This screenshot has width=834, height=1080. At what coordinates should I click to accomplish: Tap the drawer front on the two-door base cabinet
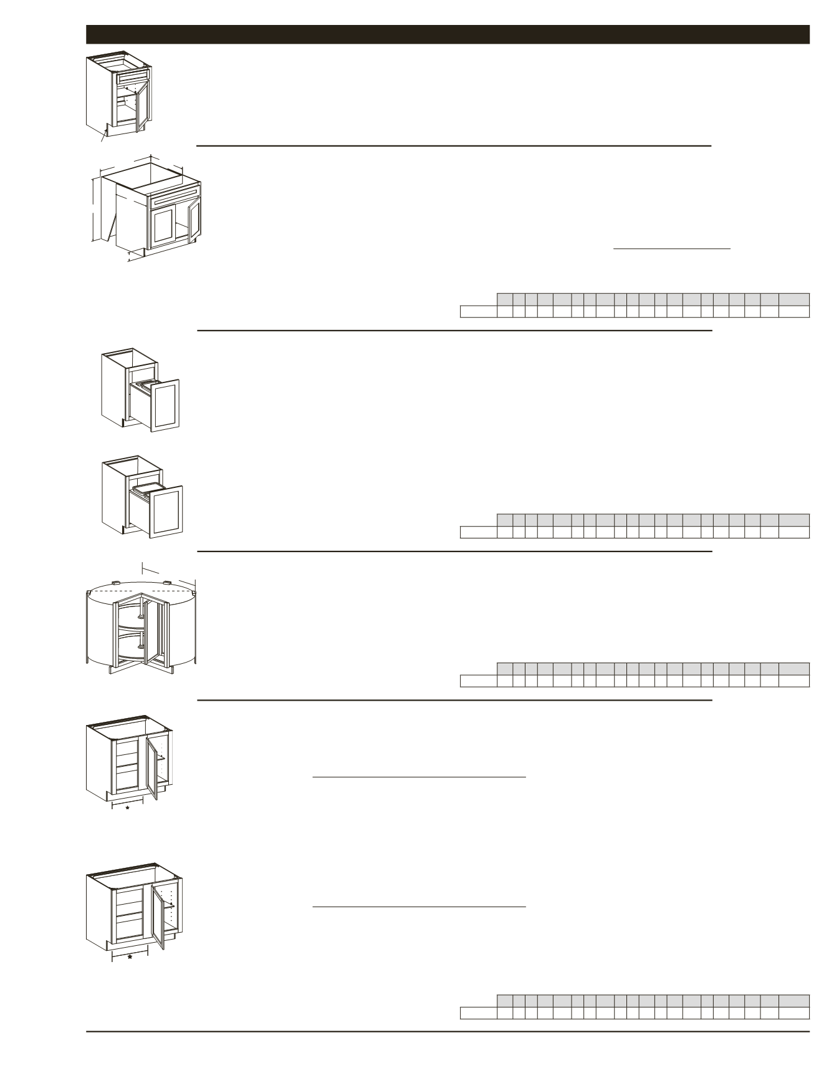[x=175, y=199]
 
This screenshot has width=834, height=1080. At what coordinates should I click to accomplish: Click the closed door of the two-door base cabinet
[x=163, y=225]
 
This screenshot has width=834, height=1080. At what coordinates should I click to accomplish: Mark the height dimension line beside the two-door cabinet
[x=94, y=210]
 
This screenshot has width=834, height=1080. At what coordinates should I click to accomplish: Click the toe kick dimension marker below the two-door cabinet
[x=130, y=256]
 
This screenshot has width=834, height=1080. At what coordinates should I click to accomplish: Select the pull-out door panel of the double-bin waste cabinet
[x=165, y=406]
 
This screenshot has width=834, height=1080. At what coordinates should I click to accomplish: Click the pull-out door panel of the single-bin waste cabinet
[x=167, y=511]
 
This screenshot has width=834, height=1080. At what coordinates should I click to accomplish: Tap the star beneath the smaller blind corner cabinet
[x=127, y=808]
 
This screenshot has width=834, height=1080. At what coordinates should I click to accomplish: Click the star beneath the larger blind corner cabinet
[x=130, y=956]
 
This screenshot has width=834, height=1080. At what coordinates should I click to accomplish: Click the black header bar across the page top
[x=448, y=34]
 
